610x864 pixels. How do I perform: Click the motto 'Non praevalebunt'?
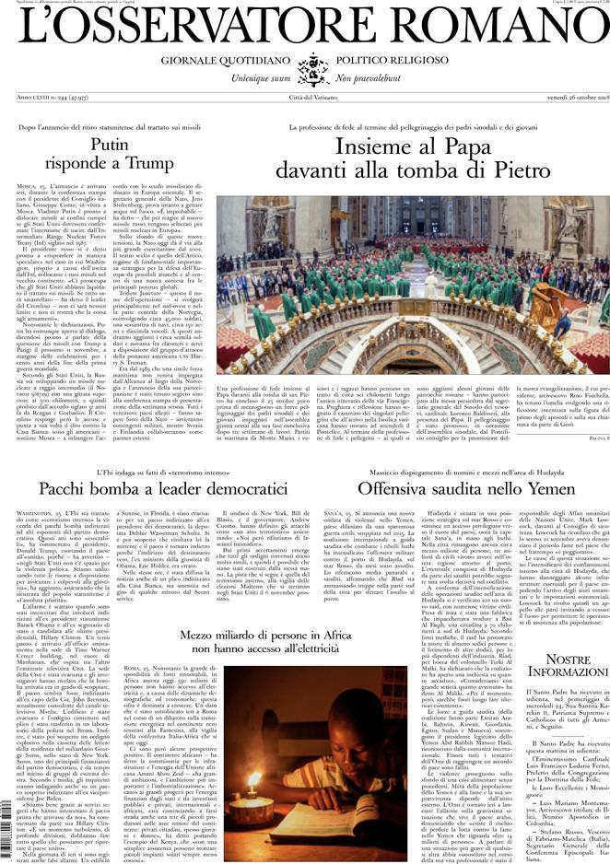point(376,81)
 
